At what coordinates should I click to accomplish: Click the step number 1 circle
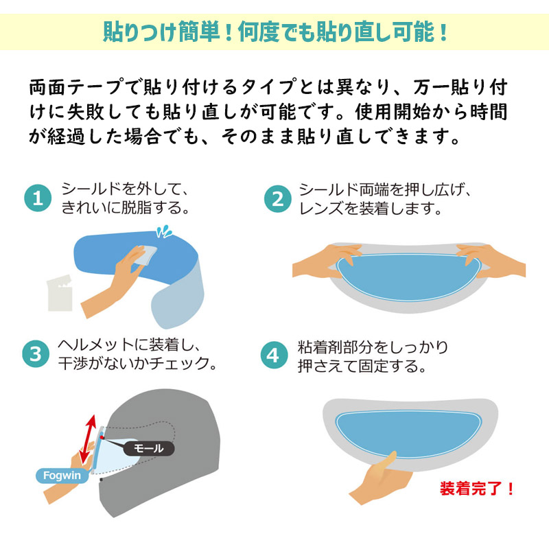pyautogui.click(x=38, y=198)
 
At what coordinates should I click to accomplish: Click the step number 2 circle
pyautogui.click(x=277, y=198)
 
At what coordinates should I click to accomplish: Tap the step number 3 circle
pyautogui.click(x=38, y=355)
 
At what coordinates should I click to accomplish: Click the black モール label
pyautogui.click(x=148, y=448)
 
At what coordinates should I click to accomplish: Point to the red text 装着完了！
pyautogui.click(x=477, y=489)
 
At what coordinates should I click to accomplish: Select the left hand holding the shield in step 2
pyautogui.click(x=326, y=261)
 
